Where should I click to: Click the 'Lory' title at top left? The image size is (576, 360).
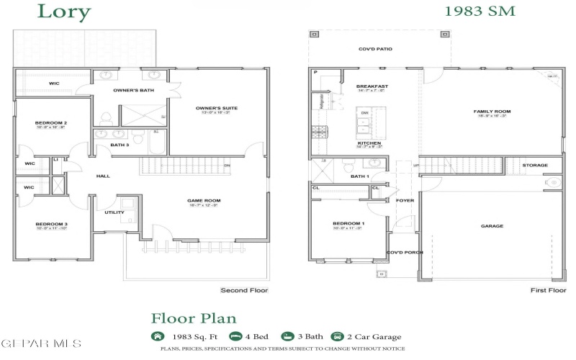tap(64, 12)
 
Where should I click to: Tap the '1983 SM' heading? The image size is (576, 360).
tap(479, 11)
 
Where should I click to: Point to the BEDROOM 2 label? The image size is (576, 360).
tap(51, 123)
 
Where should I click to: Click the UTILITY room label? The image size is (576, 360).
tap(114, 212)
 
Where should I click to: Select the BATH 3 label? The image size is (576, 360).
tap(120, 145)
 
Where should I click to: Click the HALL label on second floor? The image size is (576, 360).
tap(103, 176)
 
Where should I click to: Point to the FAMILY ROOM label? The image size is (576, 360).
tap(492, 112)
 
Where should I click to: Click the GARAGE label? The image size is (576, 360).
tap(492, 225)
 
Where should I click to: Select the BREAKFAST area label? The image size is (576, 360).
tap(372, 86)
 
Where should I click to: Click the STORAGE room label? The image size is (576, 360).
tap(535, 165)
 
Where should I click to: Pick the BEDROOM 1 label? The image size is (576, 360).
tap(348, 224)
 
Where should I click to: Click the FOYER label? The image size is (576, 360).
tap(405, 200)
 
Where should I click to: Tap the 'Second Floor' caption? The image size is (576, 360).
tap(244, 290)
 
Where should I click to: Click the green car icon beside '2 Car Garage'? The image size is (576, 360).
tap(336, 336)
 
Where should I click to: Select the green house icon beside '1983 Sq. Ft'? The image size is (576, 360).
tap(157, 336)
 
